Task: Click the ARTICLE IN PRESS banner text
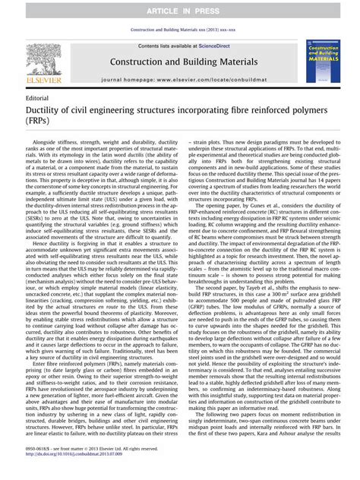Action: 180,8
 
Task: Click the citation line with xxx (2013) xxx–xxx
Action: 180,30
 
